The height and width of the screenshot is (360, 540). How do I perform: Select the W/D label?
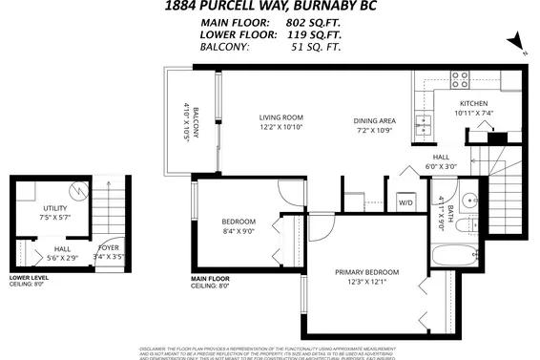(405, 202)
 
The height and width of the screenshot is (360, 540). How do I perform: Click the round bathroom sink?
(469, 201)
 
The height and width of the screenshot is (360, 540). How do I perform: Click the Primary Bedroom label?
(366, 272)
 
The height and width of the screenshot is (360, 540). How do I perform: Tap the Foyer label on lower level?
(108, 247)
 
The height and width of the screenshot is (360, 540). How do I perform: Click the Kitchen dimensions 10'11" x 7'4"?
(473, 113)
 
